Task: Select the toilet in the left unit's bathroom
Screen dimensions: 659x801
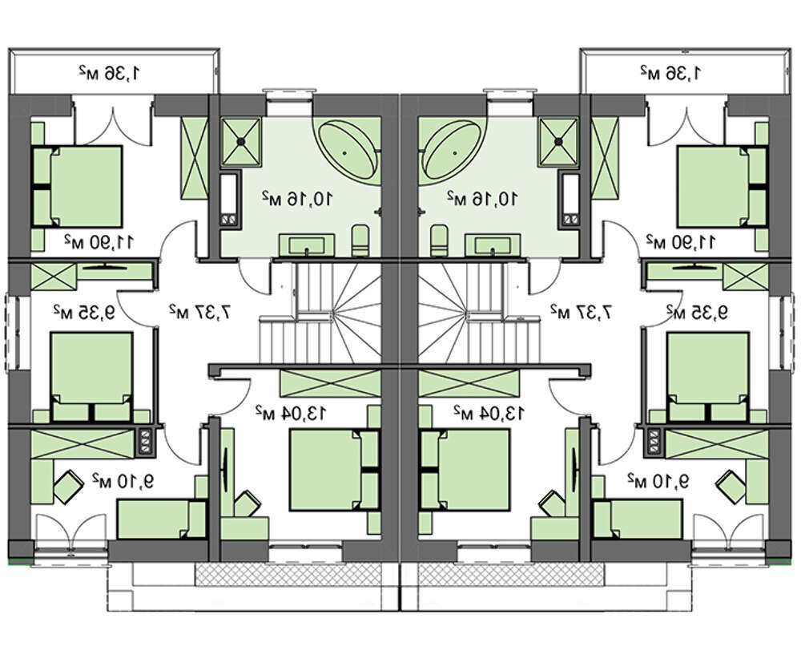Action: point(360,238)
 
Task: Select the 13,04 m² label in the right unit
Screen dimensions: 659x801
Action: point(488,412)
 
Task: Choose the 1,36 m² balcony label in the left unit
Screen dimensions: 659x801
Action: point(112,73)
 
